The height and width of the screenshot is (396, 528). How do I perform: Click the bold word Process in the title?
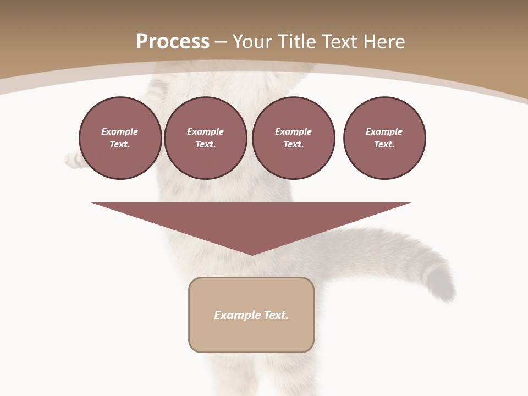(x=173, y=41)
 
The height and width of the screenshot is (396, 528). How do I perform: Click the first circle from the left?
(x=120, y=138)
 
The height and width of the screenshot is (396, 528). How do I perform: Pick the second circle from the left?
(x=205, y=138)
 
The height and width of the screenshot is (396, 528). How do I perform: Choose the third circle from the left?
(x=293, y=138)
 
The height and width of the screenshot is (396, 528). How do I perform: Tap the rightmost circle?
(x=384, y=138)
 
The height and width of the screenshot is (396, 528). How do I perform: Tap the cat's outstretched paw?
(x=72, y=159)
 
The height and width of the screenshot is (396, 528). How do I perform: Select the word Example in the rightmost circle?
(x=384, y=131)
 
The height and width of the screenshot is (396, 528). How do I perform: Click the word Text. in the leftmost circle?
(x=120, y=145)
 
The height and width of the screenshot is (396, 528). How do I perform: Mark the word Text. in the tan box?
(x=276, y=315)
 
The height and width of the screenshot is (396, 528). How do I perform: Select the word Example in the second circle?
(x=205, y=131)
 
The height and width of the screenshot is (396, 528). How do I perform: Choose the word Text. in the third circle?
(x=293, y=145)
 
